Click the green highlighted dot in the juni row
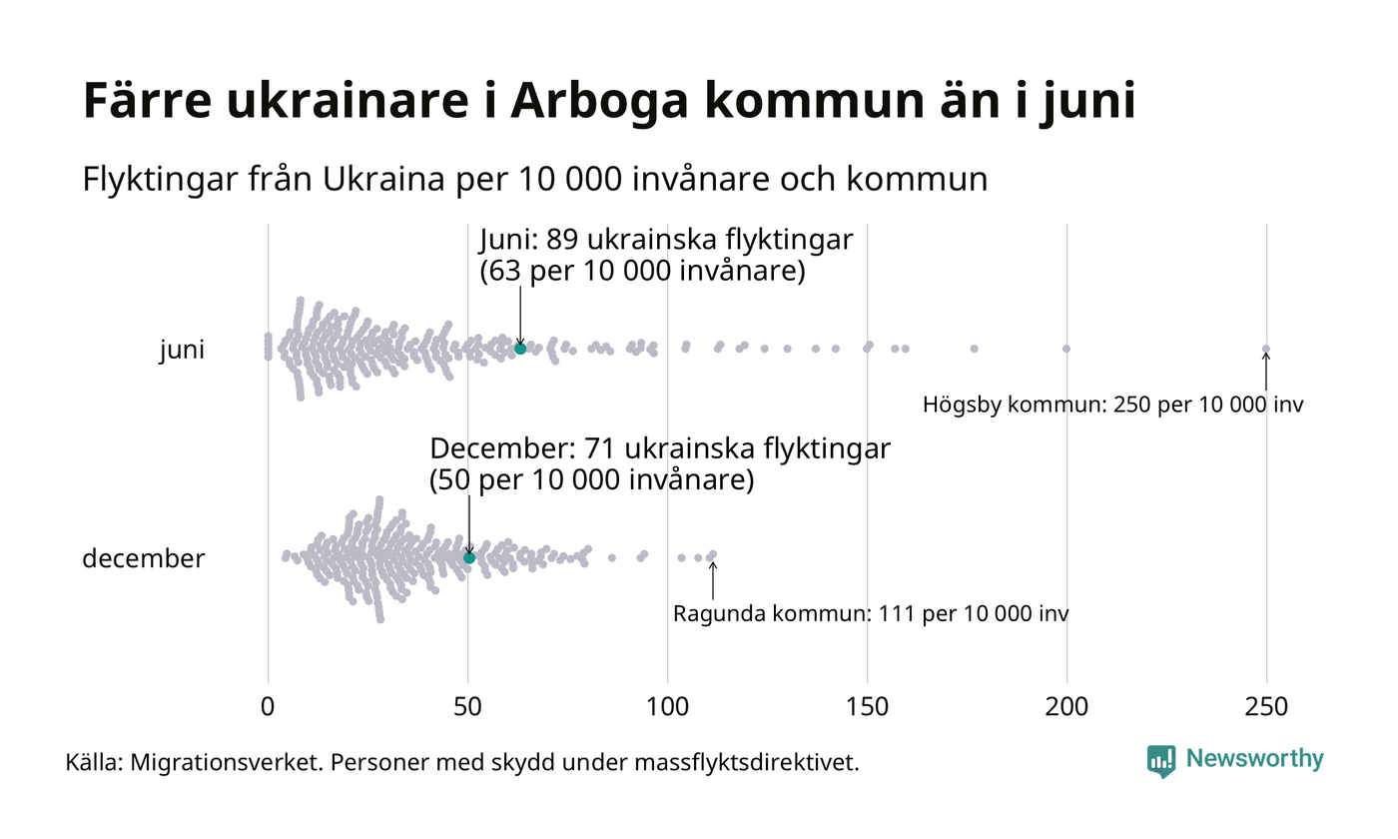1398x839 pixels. click(520, 349)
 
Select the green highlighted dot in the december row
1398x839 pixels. click(469, 557)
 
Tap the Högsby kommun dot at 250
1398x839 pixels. click(1266, 349)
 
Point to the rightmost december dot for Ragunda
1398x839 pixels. click(712, 554)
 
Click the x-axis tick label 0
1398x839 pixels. click(268, 707)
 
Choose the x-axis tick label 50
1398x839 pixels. click(467, 707)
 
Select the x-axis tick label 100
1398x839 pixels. click(667, 707)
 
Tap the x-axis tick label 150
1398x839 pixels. click(867, 707)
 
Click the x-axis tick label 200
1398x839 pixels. click(1066, 707)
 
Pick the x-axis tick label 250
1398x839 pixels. click(1266, 707)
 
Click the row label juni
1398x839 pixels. click(182, 351)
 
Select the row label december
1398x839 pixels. click(143, 558)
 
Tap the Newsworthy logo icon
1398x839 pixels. click(1160, 761)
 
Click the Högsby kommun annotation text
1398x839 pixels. click(1112, 406)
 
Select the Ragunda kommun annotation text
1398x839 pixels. click(870, 613)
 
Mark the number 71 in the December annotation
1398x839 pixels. click(615, 448)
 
